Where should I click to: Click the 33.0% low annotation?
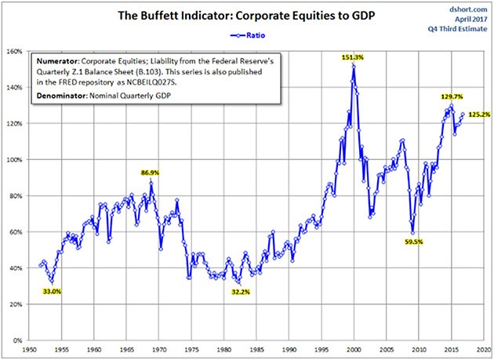(51, 291)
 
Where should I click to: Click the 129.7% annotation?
(452, 96)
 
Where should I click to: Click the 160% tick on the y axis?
(14, 52)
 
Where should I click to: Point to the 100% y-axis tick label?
(14, 160)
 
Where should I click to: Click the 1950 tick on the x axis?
(29, 349)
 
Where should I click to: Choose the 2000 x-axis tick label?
(354, 349)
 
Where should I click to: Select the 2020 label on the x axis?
(484, 349)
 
